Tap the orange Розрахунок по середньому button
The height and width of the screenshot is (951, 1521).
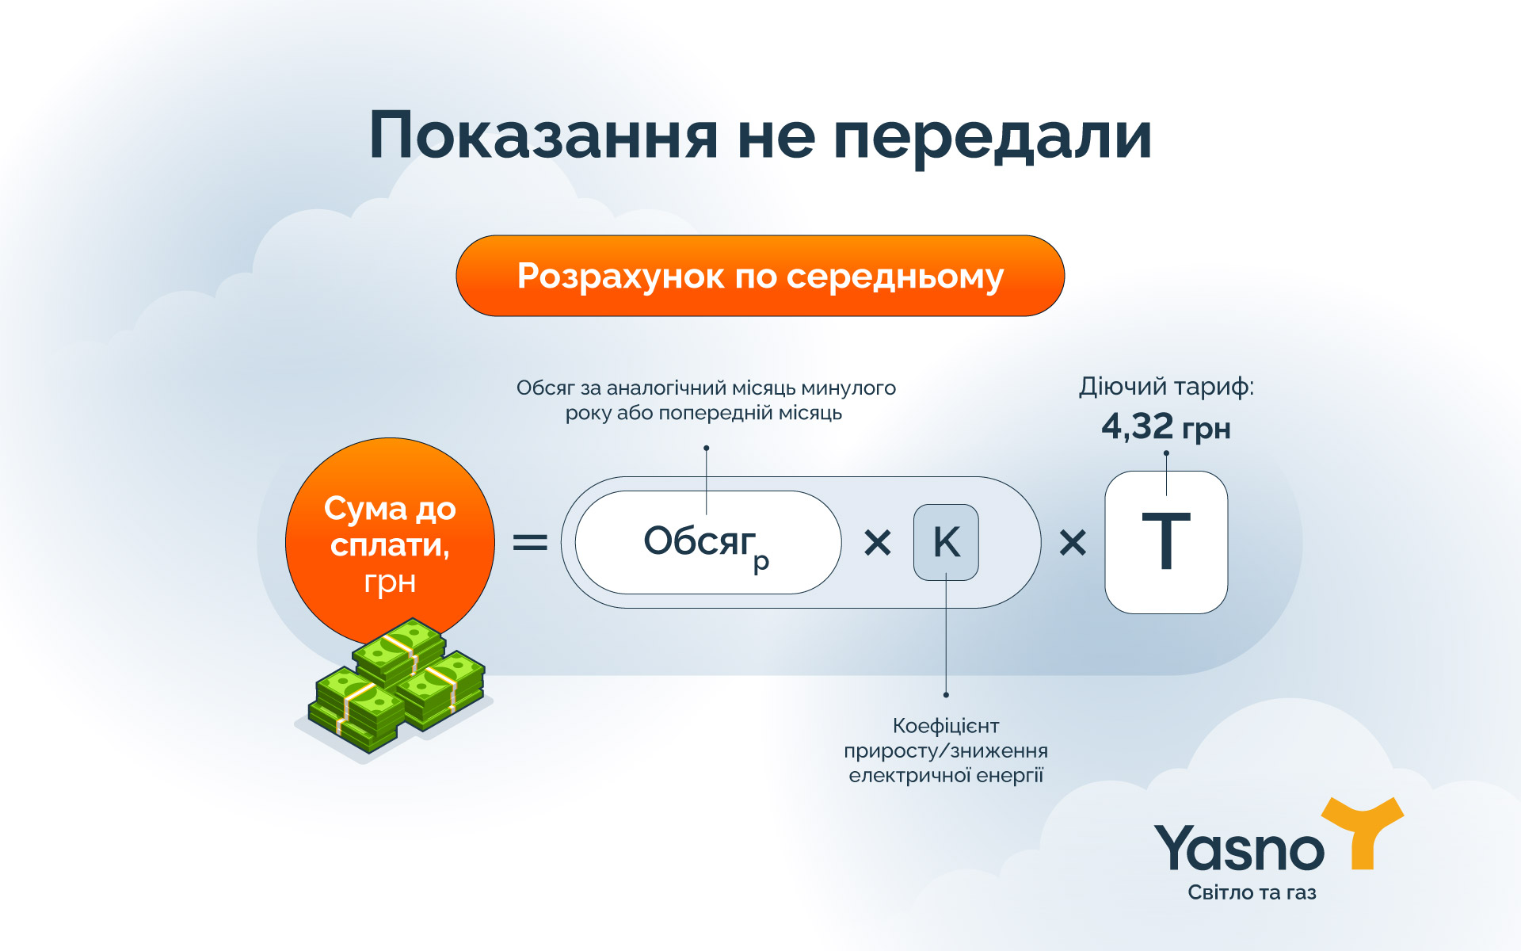(760, 276)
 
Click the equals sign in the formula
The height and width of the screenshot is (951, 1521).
(530, 543)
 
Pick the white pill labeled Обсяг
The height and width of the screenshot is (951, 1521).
(707, 543)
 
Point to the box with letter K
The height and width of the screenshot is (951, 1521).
(946, 543)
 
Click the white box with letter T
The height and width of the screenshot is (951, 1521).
(1166, 543)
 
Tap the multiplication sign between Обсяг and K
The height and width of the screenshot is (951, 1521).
(878, 543)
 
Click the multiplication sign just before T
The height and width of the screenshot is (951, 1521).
(1073, 543)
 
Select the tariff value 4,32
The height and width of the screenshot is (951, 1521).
(1138, 427)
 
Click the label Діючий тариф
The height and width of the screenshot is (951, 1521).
(1166, 387)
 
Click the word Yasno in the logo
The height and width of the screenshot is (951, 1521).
(1239, 850)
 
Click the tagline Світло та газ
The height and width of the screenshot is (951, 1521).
(1252, 892)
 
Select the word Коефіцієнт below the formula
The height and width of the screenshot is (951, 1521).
(946, 726)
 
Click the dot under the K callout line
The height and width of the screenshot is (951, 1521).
(946, 695)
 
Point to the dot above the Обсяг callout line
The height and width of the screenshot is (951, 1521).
(706, 449)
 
